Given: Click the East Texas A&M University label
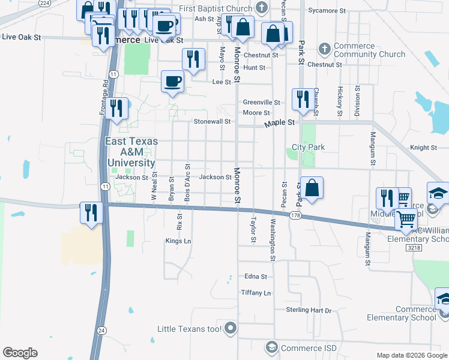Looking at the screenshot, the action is pyautogui.click(x=131, y=152).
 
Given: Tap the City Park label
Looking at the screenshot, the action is pyautogui.click(x=308, y=147).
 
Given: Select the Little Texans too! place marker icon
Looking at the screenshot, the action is pyautogui.click(x=232, y=328).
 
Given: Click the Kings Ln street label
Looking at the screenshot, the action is pyautogui.click(x=178, y=241).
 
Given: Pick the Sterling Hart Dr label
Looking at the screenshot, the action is pyautogui.click(x=309, y=310).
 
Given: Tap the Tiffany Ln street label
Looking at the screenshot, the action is pyautogui.click(x=256, y=293).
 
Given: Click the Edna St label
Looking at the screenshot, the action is pyautogui.click(x=255, y=277).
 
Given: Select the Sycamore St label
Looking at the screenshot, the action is pyautogui.click(x=327, y=11).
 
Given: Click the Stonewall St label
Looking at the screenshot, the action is pyautogui.click(x=212, y=121).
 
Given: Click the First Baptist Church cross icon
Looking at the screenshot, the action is pyautogui.click(x=261, y=8).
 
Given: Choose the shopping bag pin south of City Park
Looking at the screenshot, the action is pyautogui.click(x=312, y=187).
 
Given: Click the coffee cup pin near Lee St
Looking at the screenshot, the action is pyautogui.click(x=172, y=81).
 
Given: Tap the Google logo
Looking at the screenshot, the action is pyautogui.click(x=20, y=353).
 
